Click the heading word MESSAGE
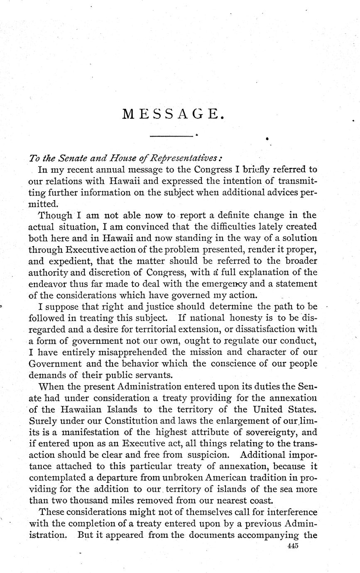pos(174,114)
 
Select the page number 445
pos(293,546)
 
